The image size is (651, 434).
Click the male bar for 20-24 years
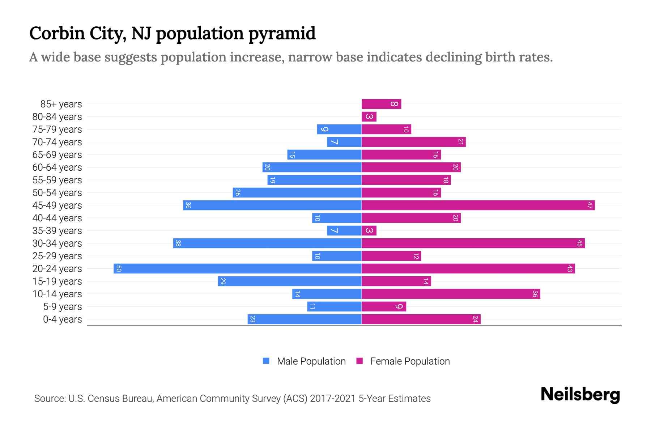(x=238, y=269)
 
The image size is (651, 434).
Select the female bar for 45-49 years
(x=478, y=205)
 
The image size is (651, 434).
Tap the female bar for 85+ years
(x=381, y=104)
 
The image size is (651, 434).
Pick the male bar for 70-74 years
(x=344, y=142)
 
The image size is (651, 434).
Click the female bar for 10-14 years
(x=451, y=294)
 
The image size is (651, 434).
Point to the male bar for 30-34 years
(x=267, y=243)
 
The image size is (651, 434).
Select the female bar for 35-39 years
(x=369, y=231)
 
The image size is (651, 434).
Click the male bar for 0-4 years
(x=305, y=319)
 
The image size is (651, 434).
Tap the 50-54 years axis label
(x=57, y=193)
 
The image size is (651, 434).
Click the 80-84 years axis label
(x=57, y=117)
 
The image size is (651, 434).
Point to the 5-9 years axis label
(x=63, y=307)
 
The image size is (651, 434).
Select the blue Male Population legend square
(x=266, y=361)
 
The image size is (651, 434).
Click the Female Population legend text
(x=410, y=361)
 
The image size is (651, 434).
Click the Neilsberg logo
(x=580, y=395)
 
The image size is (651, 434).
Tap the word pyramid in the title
(x=282, y=34)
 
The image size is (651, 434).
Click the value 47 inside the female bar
(x=590, y=205)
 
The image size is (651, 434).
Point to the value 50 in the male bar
(x=119, y=269)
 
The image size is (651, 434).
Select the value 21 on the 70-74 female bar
(x=460, y=142)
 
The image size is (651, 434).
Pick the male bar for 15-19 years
(x=290, y=281)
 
